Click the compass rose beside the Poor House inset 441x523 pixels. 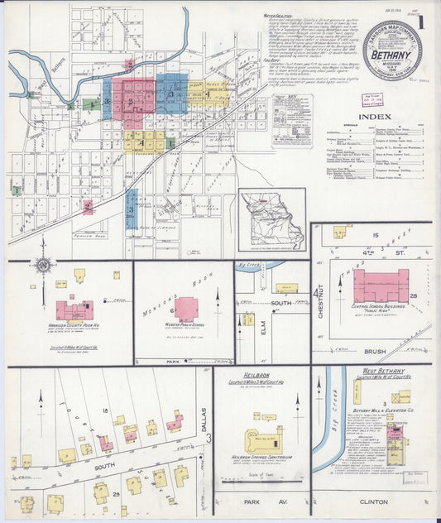pyautogui.click(x=44, y=266)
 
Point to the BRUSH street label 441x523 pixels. pyautogui.click(x=374, y=351)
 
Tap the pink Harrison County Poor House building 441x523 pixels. pyautogui.click(x=74, y=311)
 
